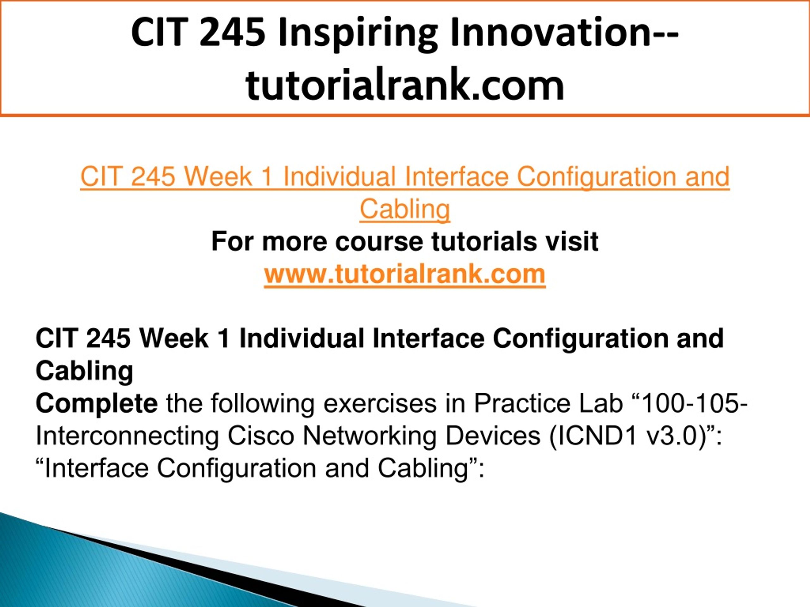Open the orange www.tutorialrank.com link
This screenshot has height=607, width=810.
[x=405, y=274]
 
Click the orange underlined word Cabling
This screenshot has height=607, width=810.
[x=405, y=210]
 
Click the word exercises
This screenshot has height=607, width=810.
[x=380, y=404]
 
